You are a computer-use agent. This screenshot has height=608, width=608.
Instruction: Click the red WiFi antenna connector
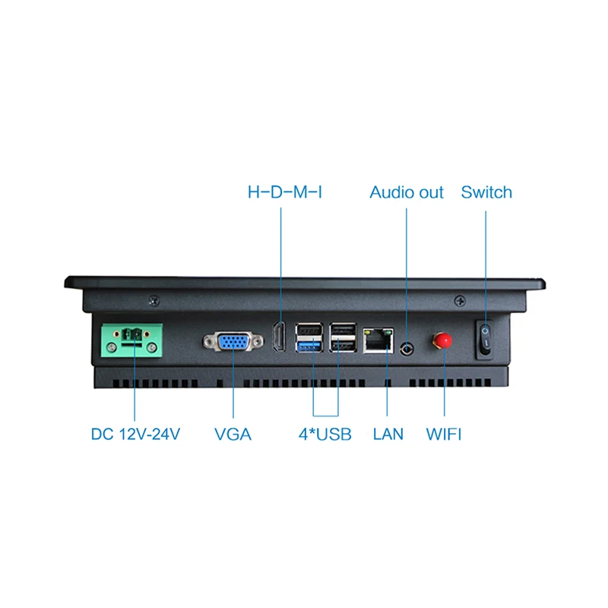coord(440,339)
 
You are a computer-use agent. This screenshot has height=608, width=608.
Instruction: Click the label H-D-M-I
coord(285,192)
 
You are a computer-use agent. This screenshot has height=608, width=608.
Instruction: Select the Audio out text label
coord(407,192)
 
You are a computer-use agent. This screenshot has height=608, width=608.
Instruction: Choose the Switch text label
coord(486,192)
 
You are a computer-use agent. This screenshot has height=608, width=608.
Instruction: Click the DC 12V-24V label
coord(135,435)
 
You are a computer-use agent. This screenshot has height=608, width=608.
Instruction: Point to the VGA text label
coord(233,435)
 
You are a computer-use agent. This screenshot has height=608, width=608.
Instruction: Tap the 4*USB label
coord(325,435)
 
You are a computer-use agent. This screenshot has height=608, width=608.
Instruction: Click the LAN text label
coord(388,435)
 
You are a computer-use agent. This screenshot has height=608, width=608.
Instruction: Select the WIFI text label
coord(444,435)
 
